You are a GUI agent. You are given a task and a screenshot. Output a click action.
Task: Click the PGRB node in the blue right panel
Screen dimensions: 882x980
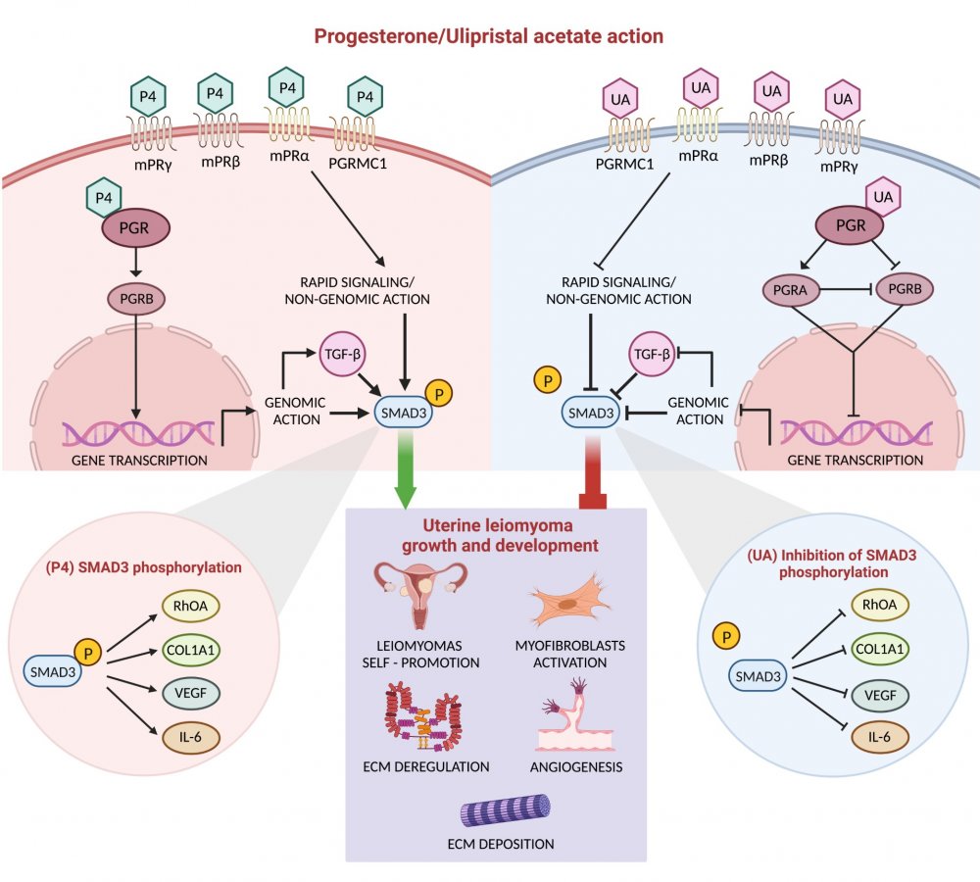pos(906,290)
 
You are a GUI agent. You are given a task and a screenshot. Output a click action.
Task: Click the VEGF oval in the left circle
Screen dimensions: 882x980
pos(191,694)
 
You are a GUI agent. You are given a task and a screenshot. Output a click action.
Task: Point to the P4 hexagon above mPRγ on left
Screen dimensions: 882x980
pos(151,96)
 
